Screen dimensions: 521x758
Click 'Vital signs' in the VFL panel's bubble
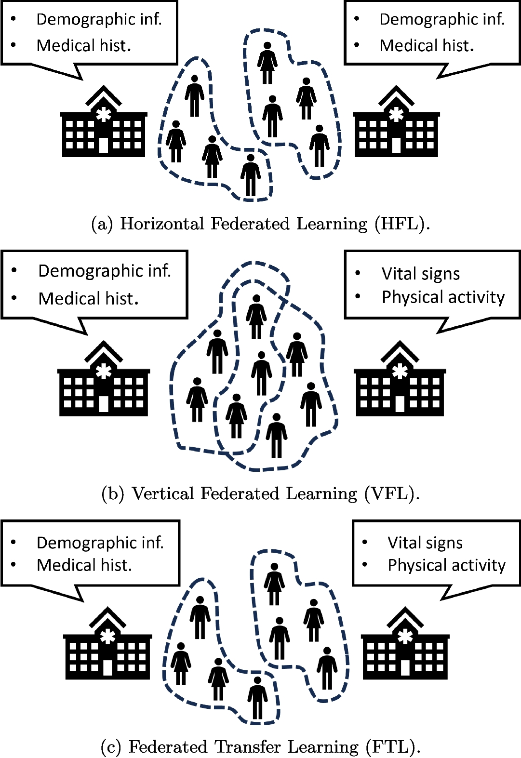pos(420,274)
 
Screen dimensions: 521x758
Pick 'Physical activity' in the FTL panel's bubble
pos(446,565)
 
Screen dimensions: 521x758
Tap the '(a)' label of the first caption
pos(102,224)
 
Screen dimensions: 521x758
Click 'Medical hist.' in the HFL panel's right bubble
pos(427,46)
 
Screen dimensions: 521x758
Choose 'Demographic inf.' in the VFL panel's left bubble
pos(105,271)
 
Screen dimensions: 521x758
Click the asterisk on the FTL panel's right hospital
pos(405,636)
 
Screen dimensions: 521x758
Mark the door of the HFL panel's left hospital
pos(104,145)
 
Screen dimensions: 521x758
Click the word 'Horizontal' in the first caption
pos(162,224)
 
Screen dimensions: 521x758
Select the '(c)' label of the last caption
pos(111,747)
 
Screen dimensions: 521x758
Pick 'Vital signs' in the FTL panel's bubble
pos(425,543)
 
